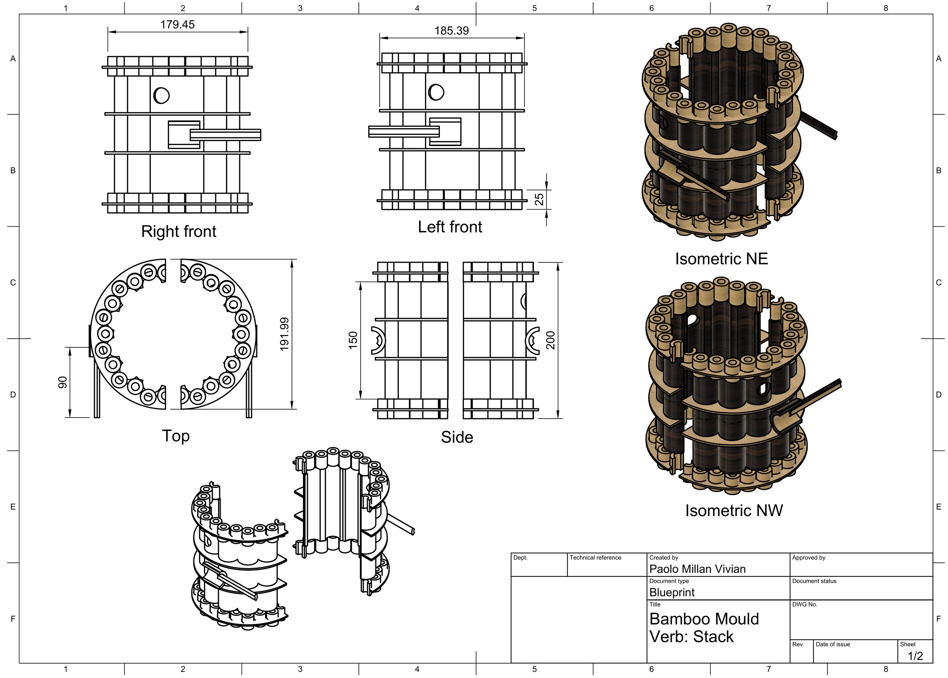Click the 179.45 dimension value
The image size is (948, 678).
pos(177,25)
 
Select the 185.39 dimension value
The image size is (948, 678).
pos(452,31)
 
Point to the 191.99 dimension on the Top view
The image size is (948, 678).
pos(284,334)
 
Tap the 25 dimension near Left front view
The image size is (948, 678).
pos(539,199)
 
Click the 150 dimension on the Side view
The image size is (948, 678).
pos(353,340)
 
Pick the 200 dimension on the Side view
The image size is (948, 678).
pos(551,340)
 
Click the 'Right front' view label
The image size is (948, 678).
pos(179,231)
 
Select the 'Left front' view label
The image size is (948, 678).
pos(450,227)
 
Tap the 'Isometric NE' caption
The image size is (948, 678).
pos(721,259)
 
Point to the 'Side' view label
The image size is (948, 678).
pos(457,437)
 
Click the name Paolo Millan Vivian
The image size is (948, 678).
pos(697,569)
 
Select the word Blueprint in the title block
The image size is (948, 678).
pos(672,592)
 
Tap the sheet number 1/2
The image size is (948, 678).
pos(915,656)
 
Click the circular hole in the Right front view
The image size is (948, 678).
pos(162,96)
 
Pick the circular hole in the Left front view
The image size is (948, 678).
pos(436,92)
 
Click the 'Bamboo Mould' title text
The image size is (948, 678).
pos(704,619)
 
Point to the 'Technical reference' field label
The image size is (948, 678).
pos(595,558)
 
